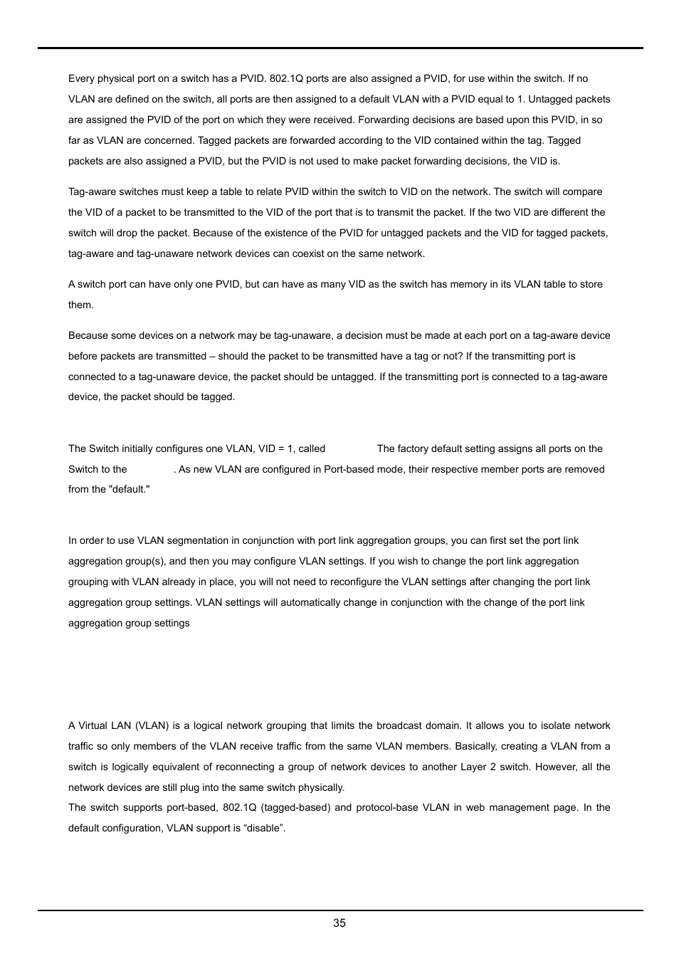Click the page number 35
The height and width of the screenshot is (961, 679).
pyautogui.click(x=339, y=923)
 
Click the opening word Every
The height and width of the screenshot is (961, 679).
pyautogui.click(x=81, y=79)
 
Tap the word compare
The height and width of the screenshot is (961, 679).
pyautogui.click(x=583, y=192)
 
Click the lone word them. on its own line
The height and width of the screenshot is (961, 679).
pyautogui.click(x=81, y=305)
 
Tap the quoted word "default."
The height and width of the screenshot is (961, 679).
pyautogui.click(x=129, y=490)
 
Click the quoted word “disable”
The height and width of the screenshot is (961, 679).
pyautogui.click(x=264, y=829)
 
